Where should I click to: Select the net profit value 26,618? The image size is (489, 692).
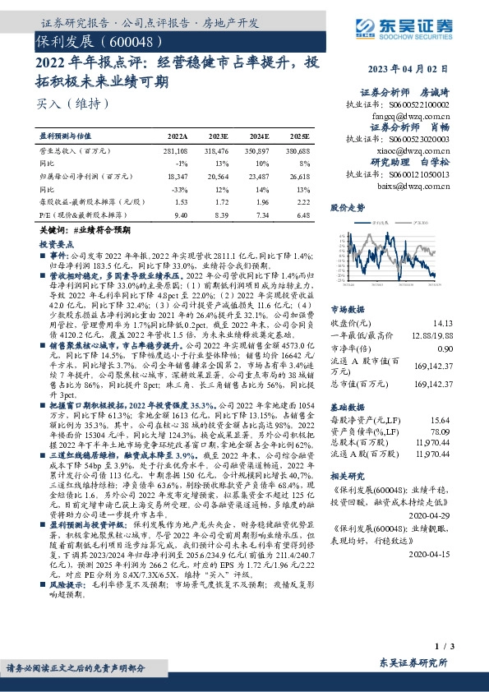coord(300,176)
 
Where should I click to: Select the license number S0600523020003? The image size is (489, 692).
coord(422,140)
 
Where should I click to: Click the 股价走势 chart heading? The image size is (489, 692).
coord(348,209)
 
